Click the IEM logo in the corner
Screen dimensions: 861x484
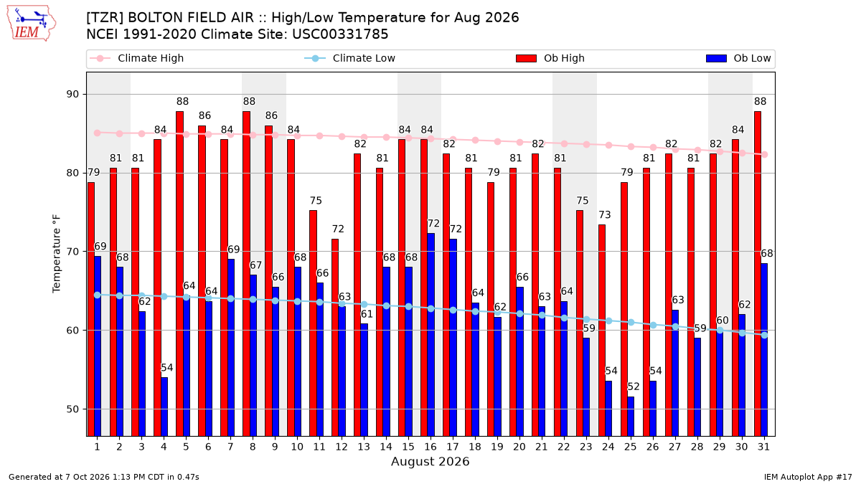click(32, 24)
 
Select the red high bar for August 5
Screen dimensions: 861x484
click(179, 273)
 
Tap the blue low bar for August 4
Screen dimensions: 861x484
click(164, 407)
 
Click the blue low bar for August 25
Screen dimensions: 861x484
click(631, 417)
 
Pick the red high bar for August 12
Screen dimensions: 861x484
click(335, 337)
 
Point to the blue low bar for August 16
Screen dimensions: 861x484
click(431, 335)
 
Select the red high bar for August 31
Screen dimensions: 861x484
click(758, 273)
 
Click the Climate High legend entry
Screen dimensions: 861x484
click(137, 58)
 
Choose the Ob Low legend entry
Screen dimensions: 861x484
click(738, 58)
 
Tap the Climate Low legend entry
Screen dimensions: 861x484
click(350, 58)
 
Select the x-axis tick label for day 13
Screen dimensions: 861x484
click(364, 447)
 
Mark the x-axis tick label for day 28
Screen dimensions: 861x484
click(697, 447)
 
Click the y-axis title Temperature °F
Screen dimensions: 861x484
click(57, 254)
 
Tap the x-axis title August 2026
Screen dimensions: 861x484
click(430, 461)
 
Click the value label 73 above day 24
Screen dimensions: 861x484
click(605, 214)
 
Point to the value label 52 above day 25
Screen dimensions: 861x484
click(634, 386)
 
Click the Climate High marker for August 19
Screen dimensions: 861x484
click(497, 141)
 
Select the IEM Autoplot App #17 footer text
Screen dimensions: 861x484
click(808, 477)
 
